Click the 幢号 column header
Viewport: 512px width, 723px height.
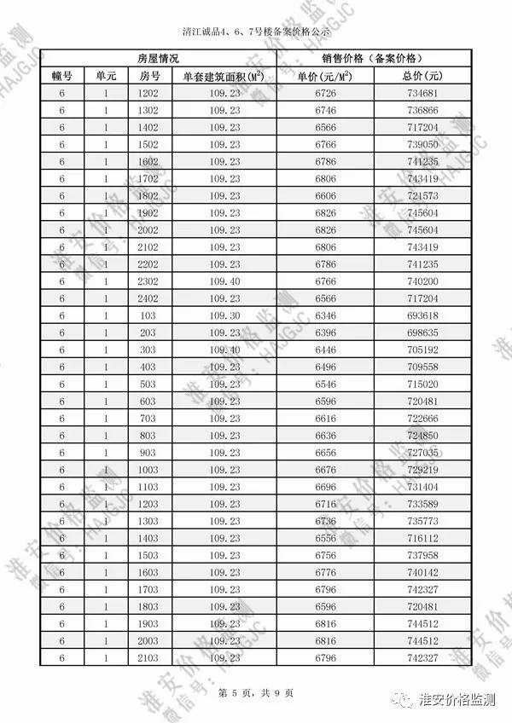click(x=62, y=76)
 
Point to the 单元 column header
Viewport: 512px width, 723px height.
click(x=106, y=76)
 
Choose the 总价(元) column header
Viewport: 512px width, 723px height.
click(x=422, y=76)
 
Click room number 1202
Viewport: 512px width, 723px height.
click(x=148, y=93)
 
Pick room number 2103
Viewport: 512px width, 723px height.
click(x=148, y=658)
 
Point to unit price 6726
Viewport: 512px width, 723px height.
click(x=325, y=93)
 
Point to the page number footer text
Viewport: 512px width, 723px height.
click(x=255, y=692)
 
